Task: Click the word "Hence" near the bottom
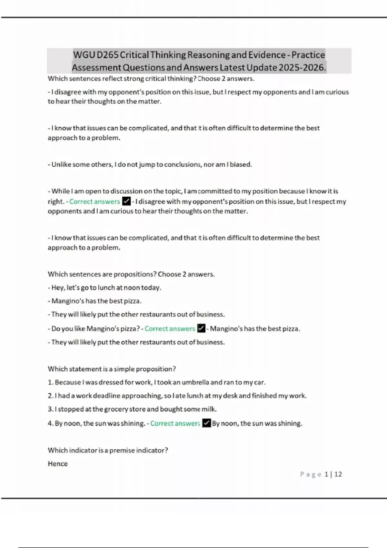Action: (x=58, y=464)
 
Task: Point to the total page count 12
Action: (x=338, y=474)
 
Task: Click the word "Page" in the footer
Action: (x=311, y=474)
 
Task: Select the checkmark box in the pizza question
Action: (x=201, y=328)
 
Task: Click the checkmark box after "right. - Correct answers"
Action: (x=126, y=201)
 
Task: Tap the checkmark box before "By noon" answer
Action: (x=206, y=423)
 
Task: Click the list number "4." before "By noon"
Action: (x=51, y=423)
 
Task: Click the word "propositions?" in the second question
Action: (x=135, y=274)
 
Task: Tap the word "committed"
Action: (x=215, y=191)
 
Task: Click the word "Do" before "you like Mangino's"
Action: (x=56, y=329)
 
